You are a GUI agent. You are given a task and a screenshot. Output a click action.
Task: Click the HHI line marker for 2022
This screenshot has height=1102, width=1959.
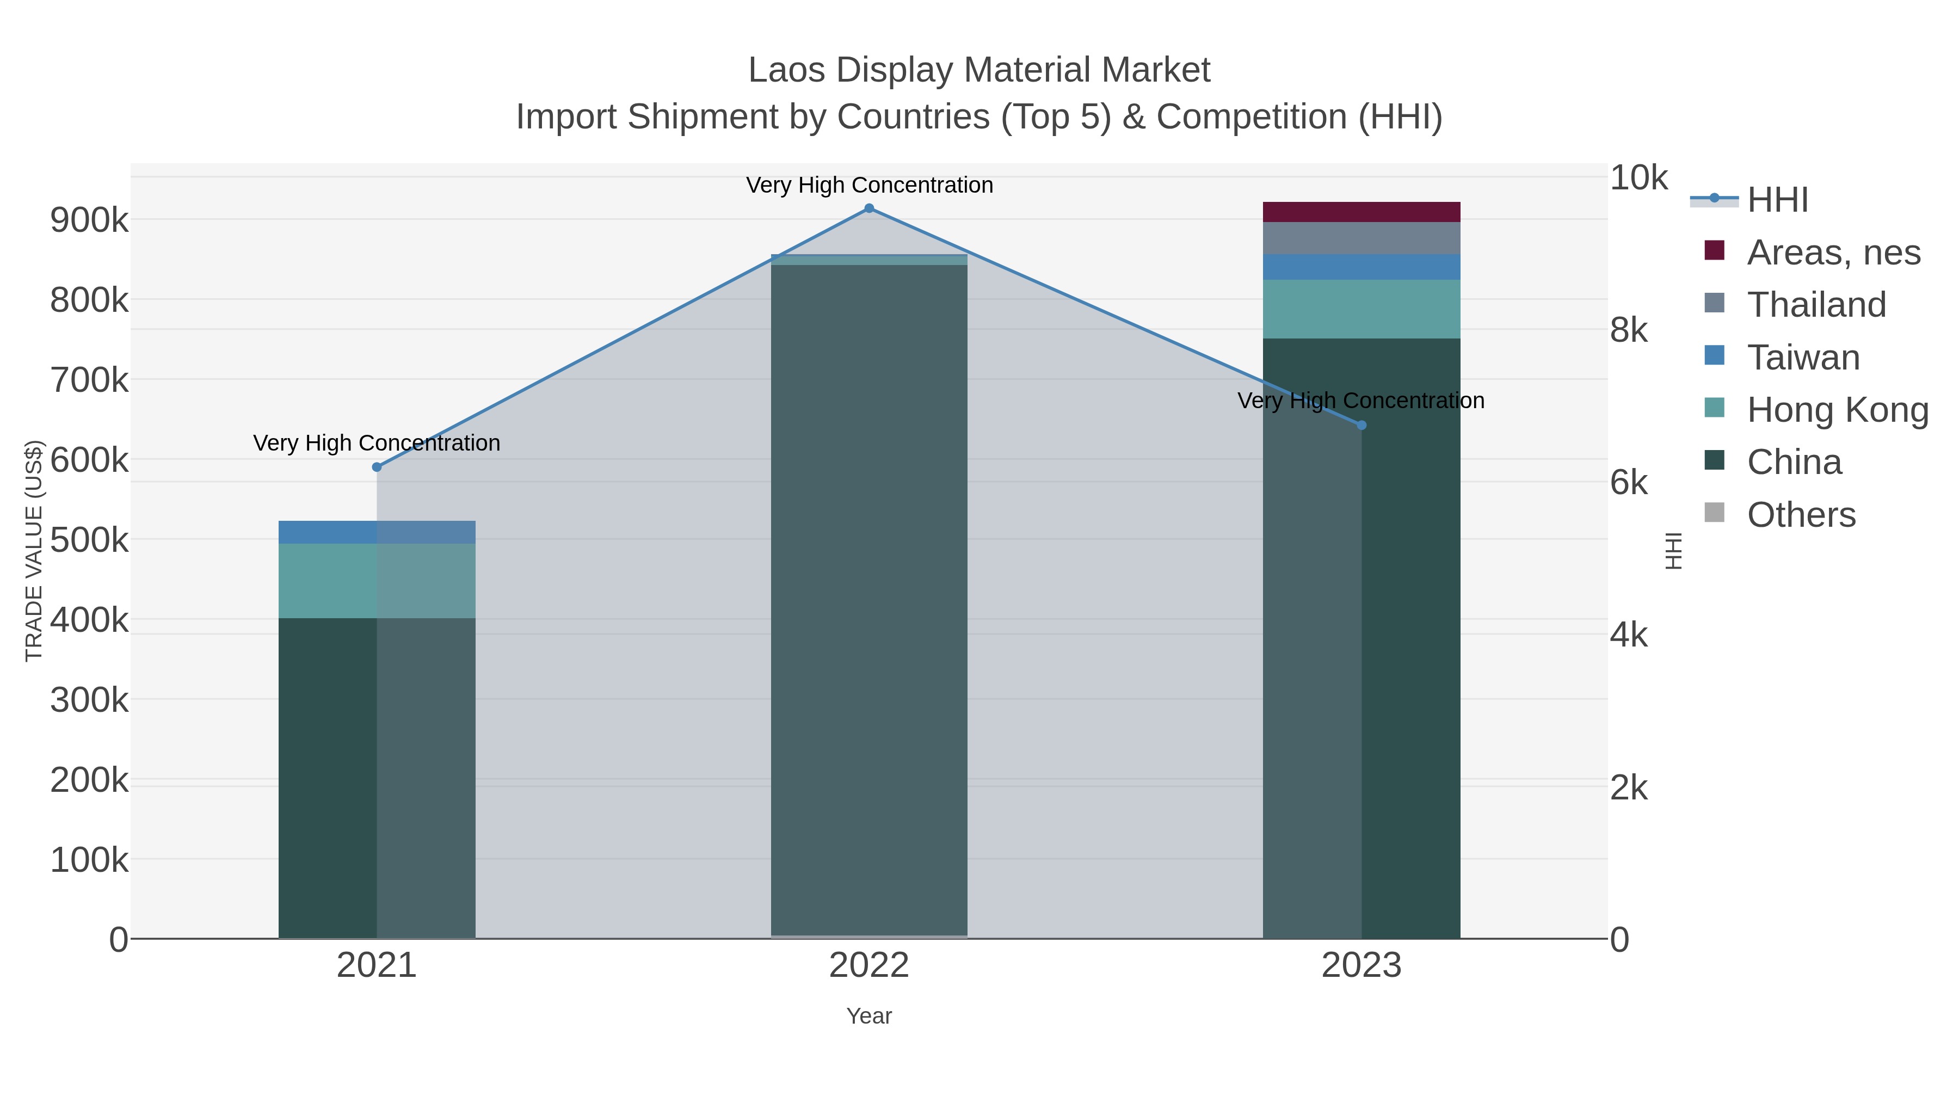coord(869,208)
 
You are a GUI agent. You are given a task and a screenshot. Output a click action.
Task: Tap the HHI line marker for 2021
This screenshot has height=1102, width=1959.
coord(377,467)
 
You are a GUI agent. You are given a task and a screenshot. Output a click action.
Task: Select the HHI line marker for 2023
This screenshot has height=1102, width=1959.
coord(1362,425)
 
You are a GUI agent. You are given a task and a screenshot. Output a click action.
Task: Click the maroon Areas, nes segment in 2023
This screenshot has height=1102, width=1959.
coord(1362,212)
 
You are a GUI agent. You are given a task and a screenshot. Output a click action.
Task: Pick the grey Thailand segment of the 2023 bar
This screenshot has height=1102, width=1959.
coord(1362,238)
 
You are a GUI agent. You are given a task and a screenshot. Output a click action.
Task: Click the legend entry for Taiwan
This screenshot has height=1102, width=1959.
coord(1802,358)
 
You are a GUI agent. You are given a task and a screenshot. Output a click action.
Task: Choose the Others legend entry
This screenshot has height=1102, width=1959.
coord(1800,515)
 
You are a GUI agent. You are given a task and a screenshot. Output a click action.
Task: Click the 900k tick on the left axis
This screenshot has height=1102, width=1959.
coord(89,220)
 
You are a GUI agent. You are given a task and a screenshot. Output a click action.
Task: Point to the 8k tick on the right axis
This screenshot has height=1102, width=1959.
coord(1628,330)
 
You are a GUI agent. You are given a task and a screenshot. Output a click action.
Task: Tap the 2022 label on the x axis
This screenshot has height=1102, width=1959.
coord(868,966)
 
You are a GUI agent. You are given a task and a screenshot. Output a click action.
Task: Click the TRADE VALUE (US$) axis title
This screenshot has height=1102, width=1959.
coord(34,551)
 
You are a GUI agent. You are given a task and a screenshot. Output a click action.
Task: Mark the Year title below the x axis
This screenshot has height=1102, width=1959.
coord(868,1016)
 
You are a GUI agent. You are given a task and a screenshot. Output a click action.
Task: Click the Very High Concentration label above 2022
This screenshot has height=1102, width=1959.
coord(869,185)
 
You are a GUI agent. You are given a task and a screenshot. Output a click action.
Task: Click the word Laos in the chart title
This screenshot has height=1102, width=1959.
coord(786,70)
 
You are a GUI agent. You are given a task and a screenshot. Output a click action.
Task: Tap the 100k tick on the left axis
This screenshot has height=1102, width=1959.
coord(89,860)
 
